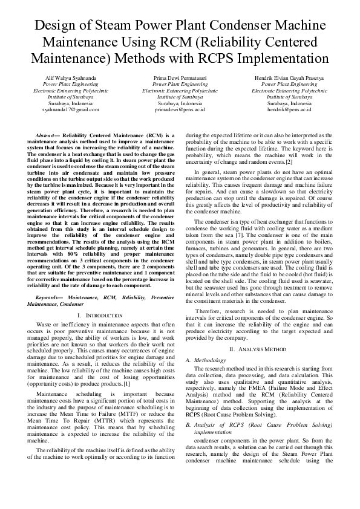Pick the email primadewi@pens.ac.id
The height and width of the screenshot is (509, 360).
coord(180,109)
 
